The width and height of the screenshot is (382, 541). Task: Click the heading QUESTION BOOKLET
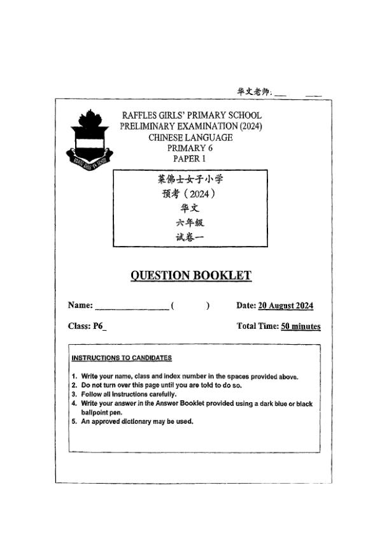[x=190, y=275]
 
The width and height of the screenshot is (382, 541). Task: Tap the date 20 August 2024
[x=285, y=306]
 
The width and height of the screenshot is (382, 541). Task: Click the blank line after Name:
[x=132, y=307]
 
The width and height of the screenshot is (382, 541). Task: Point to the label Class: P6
[x=87, y=326]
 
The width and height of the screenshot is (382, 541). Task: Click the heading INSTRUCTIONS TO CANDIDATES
[x=122, y=358]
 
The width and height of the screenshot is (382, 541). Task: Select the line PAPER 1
[x=190, y=159]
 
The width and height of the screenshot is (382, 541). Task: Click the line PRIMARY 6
[x=190, y=148]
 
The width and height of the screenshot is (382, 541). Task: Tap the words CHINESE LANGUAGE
[x=190, y=137]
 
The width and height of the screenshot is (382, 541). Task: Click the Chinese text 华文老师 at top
[x=254, y=92]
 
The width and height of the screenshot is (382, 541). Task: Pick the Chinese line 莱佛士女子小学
[x=190, y=179]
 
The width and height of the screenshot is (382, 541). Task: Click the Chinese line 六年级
[x=190, y=223]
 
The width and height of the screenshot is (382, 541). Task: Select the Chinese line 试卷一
[x=190, y=237]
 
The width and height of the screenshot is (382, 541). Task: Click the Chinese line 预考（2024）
[x=190, y=194]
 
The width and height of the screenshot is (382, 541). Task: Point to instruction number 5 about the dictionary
[x=136, y=421]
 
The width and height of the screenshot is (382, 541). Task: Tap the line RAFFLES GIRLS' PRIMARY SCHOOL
[x=190, y=115]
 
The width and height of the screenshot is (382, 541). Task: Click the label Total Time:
[x=257, y=327]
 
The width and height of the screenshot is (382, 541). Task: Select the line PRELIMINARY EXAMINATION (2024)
[x=190, y=126]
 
